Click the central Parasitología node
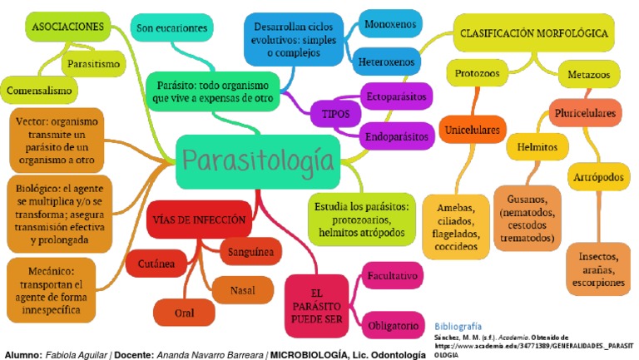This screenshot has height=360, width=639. tap(259, 159)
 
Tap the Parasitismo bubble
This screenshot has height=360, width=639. tap(93, 63)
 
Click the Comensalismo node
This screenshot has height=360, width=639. tap(39, 88)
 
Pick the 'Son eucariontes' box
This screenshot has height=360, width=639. tap(174, 28)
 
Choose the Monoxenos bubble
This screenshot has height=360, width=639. tap(390, 25)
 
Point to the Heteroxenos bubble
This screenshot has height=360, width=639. tap(390, 62)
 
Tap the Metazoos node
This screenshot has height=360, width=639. tap(588, 74)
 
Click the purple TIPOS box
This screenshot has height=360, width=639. tap(330, 114)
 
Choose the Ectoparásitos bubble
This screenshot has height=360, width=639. tap(396, 97)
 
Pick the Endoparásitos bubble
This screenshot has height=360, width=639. tap(396, 135)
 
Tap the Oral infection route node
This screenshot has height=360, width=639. tap(186, 313)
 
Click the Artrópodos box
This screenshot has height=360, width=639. tap(597, 177)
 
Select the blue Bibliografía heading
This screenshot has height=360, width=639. tap(458, 327)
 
